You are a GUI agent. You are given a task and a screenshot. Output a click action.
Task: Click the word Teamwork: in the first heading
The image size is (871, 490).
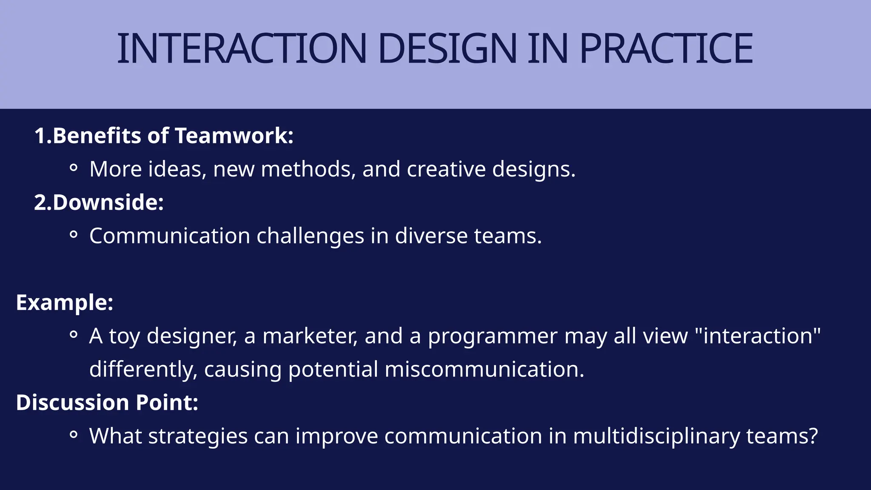[234, 136]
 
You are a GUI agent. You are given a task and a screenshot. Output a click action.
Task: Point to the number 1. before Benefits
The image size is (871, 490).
[43, 136]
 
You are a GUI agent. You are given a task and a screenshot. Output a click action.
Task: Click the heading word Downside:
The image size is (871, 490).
[108, 202]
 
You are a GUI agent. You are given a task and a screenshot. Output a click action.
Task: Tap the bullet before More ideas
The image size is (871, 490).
[73, 168]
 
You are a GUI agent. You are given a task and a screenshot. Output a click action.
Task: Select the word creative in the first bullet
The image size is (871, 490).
[446, 169]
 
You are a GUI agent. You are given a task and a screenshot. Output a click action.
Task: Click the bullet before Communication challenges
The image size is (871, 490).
[73, 235]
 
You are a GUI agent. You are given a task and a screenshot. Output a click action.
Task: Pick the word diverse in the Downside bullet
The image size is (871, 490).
[431, 236]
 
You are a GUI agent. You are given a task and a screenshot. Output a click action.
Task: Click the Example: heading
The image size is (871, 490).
[65, 303]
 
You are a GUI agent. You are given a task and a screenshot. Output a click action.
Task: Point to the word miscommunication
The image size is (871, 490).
[484, 369]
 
